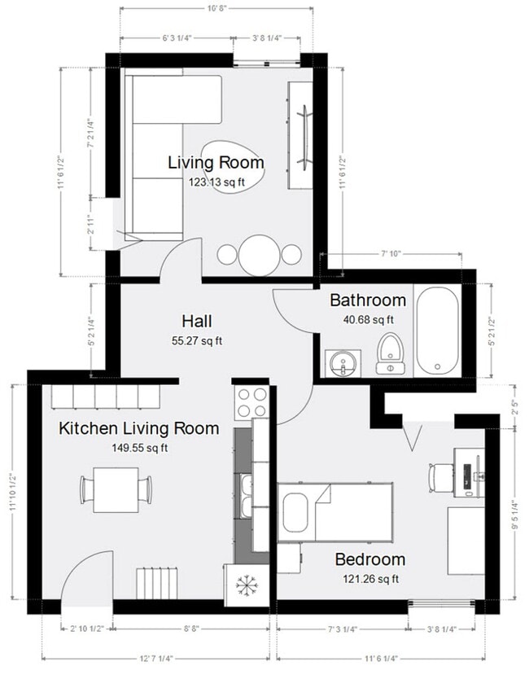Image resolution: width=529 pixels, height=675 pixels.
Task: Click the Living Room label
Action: [216, 162]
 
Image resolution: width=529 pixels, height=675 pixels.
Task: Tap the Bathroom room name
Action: [367, 300]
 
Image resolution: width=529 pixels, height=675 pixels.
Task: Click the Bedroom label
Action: [369, 559]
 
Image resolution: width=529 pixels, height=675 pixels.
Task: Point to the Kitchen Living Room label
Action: [138, 428]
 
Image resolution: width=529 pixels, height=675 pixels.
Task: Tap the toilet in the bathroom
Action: [391, 353]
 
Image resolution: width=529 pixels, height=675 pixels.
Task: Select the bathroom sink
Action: [343, 362]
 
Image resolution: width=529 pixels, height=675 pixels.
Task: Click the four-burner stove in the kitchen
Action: [251, 400]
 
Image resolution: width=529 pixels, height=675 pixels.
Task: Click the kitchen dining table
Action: [115, 489]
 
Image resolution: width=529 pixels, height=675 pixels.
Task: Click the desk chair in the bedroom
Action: [439, 476]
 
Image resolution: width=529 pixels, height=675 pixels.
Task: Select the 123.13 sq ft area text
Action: [216, 182]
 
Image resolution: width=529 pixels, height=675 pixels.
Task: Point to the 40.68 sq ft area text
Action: [368, 320]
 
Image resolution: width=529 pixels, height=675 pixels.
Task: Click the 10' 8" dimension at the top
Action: [216, 9]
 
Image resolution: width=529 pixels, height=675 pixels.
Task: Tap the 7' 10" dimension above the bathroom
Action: [391, 254]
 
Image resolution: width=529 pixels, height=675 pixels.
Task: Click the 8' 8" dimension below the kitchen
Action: [192, 629]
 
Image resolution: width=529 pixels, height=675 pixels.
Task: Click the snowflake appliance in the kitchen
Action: [246, 585]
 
